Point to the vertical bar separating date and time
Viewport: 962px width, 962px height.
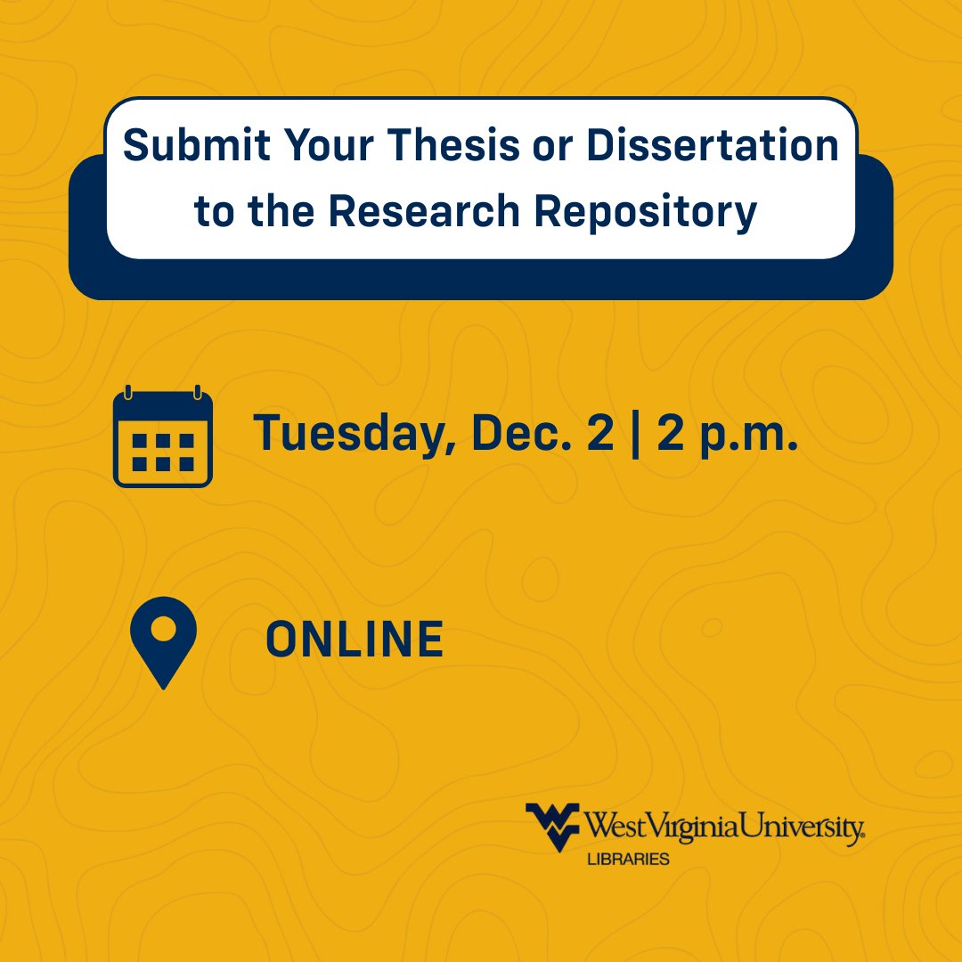coord(635,433)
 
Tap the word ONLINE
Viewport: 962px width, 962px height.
coord(355,640)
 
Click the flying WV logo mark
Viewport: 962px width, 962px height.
coord(553,826)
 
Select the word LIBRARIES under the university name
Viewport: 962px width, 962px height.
coord(627,860)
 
